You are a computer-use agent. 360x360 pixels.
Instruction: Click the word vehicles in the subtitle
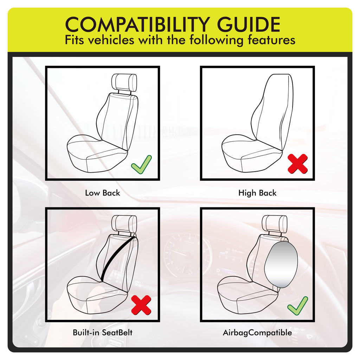coord(111,40)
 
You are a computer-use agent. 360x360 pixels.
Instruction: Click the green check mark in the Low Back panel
coord(141,165)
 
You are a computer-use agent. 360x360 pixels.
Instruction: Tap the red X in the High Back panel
coord(297,164)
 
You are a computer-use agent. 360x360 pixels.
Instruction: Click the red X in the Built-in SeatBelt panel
coord(141,305)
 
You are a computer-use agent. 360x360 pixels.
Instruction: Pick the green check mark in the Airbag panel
coord(297,306)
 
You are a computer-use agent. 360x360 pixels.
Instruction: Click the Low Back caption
coord(102,193)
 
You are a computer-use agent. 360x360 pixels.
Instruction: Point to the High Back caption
coord(257,193)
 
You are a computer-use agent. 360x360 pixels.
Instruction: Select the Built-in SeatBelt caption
coord(102,333)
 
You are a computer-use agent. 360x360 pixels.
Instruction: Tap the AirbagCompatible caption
coord(257,333)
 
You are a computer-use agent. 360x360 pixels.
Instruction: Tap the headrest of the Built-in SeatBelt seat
coord(124,224)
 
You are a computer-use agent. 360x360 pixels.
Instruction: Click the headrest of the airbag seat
coord(274,224)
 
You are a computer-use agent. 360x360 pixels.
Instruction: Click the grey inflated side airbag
coord(281,264)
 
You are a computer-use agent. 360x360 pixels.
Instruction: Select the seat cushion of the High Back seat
coord(251,153)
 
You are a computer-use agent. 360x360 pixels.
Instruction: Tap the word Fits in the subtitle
coord(74,40)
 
